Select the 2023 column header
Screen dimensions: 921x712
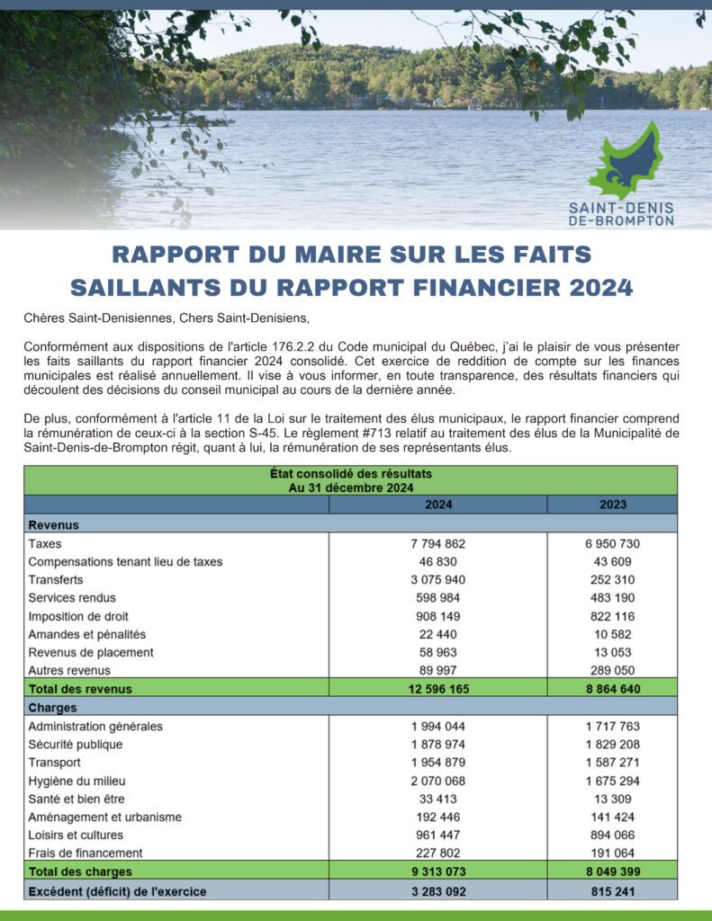pos(612,505)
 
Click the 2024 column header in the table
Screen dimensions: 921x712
pos(438,505)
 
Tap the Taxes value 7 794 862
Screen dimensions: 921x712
pos(438,544)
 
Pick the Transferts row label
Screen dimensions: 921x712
pos(56,580)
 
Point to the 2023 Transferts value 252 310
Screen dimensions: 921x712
pos(612,580)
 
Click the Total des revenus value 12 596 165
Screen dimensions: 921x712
pos(438,689)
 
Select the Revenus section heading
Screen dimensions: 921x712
pos(54,524)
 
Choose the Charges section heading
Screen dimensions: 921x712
pos(52,708)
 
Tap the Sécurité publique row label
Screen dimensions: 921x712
pos(76,745)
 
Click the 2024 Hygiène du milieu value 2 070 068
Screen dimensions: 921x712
pos(438,781)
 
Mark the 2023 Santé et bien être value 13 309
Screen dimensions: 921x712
pos(612,799)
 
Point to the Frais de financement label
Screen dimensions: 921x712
pos(86,853)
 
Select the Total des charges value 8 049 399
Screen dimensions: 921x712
pos(612,872)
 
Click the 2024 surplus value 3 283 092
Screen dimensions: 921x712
pos(438,891)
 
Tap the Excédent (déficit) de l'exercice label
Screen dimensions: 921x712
pos(117,891)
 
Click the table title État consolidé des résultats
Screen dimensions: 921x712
pos(350,473)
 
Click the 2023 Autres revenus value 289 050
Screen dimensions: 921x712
pos(612,670)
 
